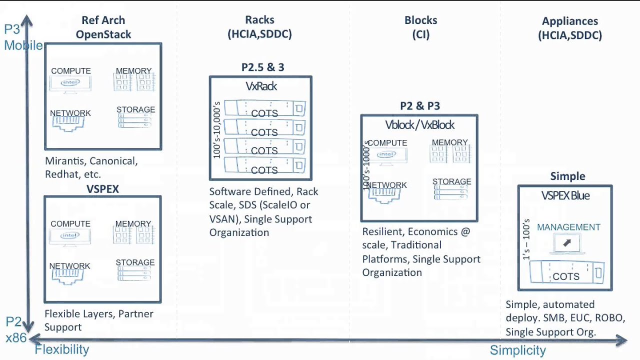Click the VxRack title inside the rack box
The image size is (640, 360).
click(x=261, y=86)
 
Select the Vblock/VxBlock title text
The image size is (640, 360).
click(x=419, y=125)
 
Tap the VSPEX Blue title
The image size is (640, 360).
click(x=565, y=196)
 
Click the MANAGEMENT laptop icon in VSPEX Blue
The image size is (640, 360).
click(x=567, y=243)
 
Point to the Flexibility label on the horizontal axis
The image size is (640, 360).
click(x=62, y=349)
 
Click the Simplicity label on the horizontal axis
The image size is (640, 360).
click(x=517, y=350)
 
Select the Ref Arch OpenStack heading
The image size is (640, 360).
click(x=103, y=27)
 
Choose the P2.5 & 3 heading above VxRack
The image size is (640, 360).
click(x=262, y=67)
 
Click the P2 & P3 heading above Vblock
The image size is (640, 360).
click(x=419, y=106)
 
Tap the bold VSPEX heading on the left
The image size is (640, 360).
click(x=102, y=189)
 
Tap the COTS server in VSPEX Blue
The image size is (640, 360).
click(x=566, y=272)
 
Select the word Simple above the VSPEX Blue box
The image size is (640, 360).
click(x=567, y=176)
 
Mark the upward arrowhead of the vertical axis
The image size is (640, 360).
click(x=27, y=20)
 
